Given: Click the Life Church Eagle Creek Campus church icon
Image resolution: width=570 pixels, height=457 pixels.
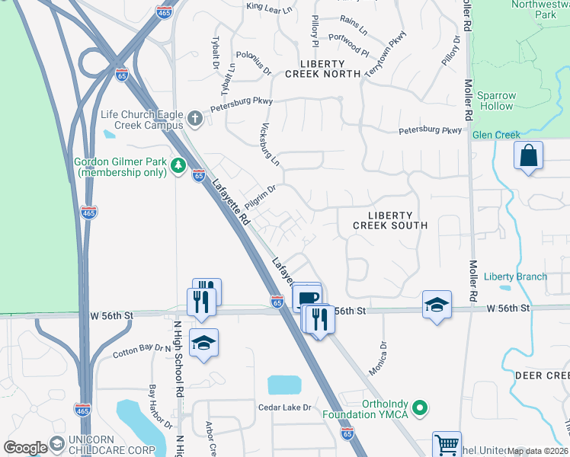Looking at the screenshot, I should pyautogui.click(x=195, y=119).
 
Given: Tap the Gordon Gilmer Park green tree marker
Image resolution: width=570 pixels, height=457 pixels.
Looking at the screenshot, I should pyautogui.click(x=178, y=165).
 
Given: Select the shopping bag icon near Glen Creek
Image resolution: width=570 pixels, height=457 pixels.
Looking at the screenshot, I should pyautogui.click(x=528, y=156).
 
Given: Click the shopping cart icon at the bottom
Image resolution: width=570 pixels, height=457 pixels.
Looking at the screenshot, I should pyautogui.click(x=447, y=444).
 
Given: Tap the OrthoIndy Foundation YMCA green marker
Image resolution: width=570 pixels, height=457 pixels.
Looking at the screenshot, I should pyautogui.click(x=418, y=408).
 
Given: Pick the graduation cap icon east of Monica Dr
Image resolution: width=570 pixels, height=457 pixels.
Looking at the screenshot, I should pyautogui.click(x=436, y=305).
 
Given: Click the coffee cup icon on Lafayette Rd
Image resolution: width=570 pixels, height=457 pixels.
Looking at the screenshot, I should pyautogui.click(x=306, y=298).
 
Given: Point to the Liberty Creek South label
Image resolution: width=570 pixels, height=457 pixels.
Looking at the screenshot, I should pyautogui.click(x=390, y=220).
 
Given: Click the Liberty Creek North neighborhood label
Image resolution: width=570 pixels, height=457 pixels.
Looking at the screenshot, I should pyautogui.click(x=322, y=68).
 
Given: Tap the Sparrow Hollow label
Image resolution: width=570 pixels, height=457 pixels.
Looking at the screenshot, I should pyautogui.click(x=495, y=101).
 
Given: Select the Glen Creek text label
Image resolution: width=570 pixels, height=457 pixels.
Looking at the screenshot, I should pyautogui.click(x=495, y=135).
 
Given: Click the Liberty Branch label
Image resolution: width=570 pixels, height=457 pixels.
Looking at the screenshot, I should pyautogui.click(x=515, y=276).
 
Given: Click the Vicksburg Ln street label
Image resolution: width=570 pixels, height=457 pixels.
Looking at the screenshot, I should pyautogui.click(x=271, y=145).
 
